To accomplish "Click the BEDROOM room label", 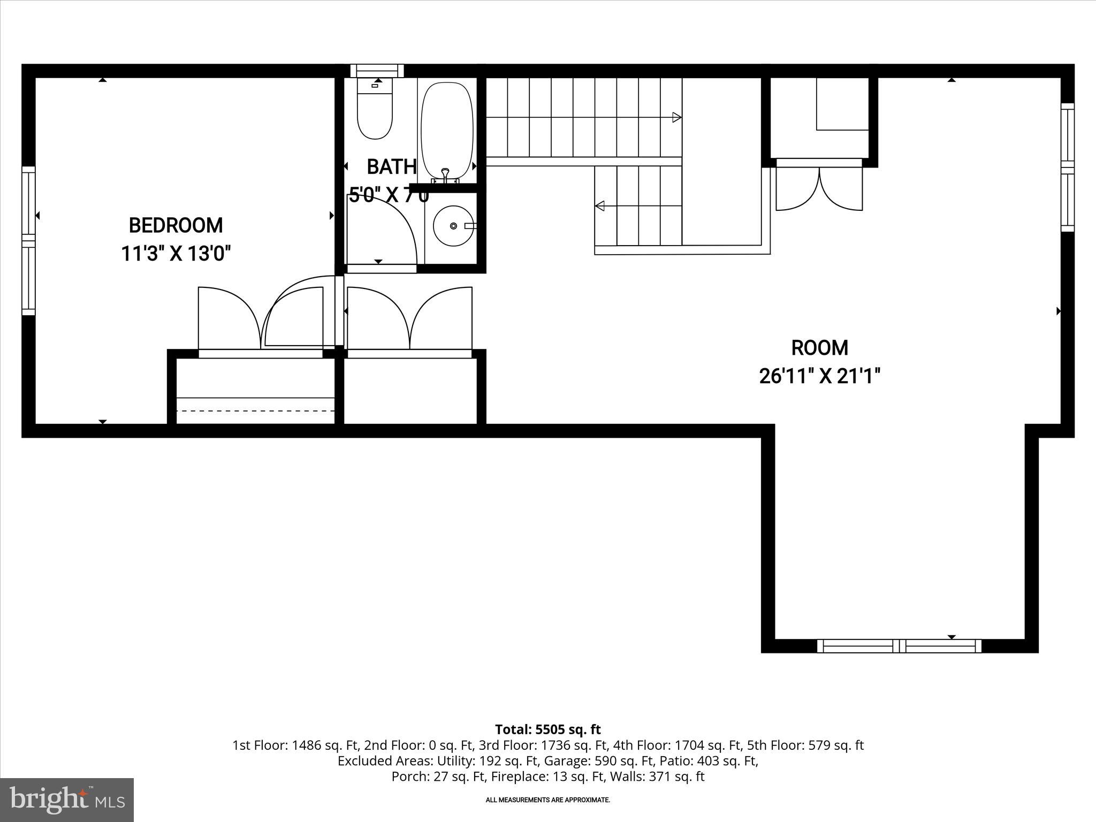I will (176, 225).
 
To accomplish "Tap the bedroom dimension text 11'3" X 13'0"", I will (176, 253).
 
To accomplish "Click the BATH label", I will (391, 167).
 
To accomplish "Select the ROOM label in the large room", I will (819, 348).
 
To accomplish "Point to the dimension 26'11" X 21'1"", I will (819, 376).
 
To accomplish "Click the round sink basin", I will (453, 226).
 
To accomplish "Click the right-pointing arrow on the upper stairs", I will (676, 117).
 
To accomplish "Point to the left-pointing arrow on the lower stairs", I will (600, 205).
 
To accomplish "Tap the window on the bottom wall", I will (899, 646).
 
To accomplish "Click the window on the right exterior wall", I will (1067, 167).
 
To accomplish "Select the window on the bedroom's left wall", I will (28, 241).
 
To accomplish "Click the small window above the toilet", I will (377, 71).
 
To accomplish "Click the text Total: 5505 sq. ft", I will (547, 729).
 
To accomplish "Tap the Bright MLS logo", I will (67, 800).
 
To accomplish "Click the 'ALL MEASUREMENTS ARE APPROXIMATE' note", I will (547, 800).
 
